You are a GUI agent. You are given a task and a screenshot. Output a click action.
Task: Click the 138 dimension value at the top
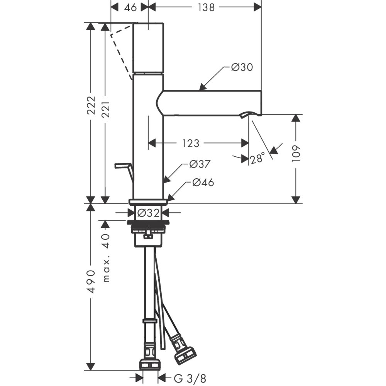click(x=206, y=7)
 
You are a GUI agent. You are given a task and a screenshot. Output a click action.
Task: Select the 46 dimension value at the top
click(x=130, y=7)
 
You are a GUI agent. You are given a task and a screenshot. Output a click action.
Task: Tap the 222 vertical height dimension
click(x=91, y=105)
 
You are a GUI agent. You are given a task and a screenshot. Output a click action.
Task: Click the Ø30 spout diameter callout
click(x=242, y=67)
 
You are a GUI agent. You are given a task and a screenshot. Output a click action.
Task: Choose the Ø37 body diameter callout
click(x=200, y=164)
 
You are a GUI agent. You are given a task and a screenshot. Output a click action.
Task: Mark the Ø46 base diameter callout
click(x=203, y=183)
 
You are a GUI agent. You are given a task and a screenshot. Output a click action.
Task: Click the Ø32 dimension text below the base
click(x=149, y=213)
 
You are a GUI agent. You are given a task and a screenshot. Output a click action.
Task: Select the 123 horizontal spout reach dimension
click(x=191, y=143)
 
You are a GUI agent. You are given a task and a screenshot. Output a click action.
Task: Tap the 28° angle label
click(x=257, y=158)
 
